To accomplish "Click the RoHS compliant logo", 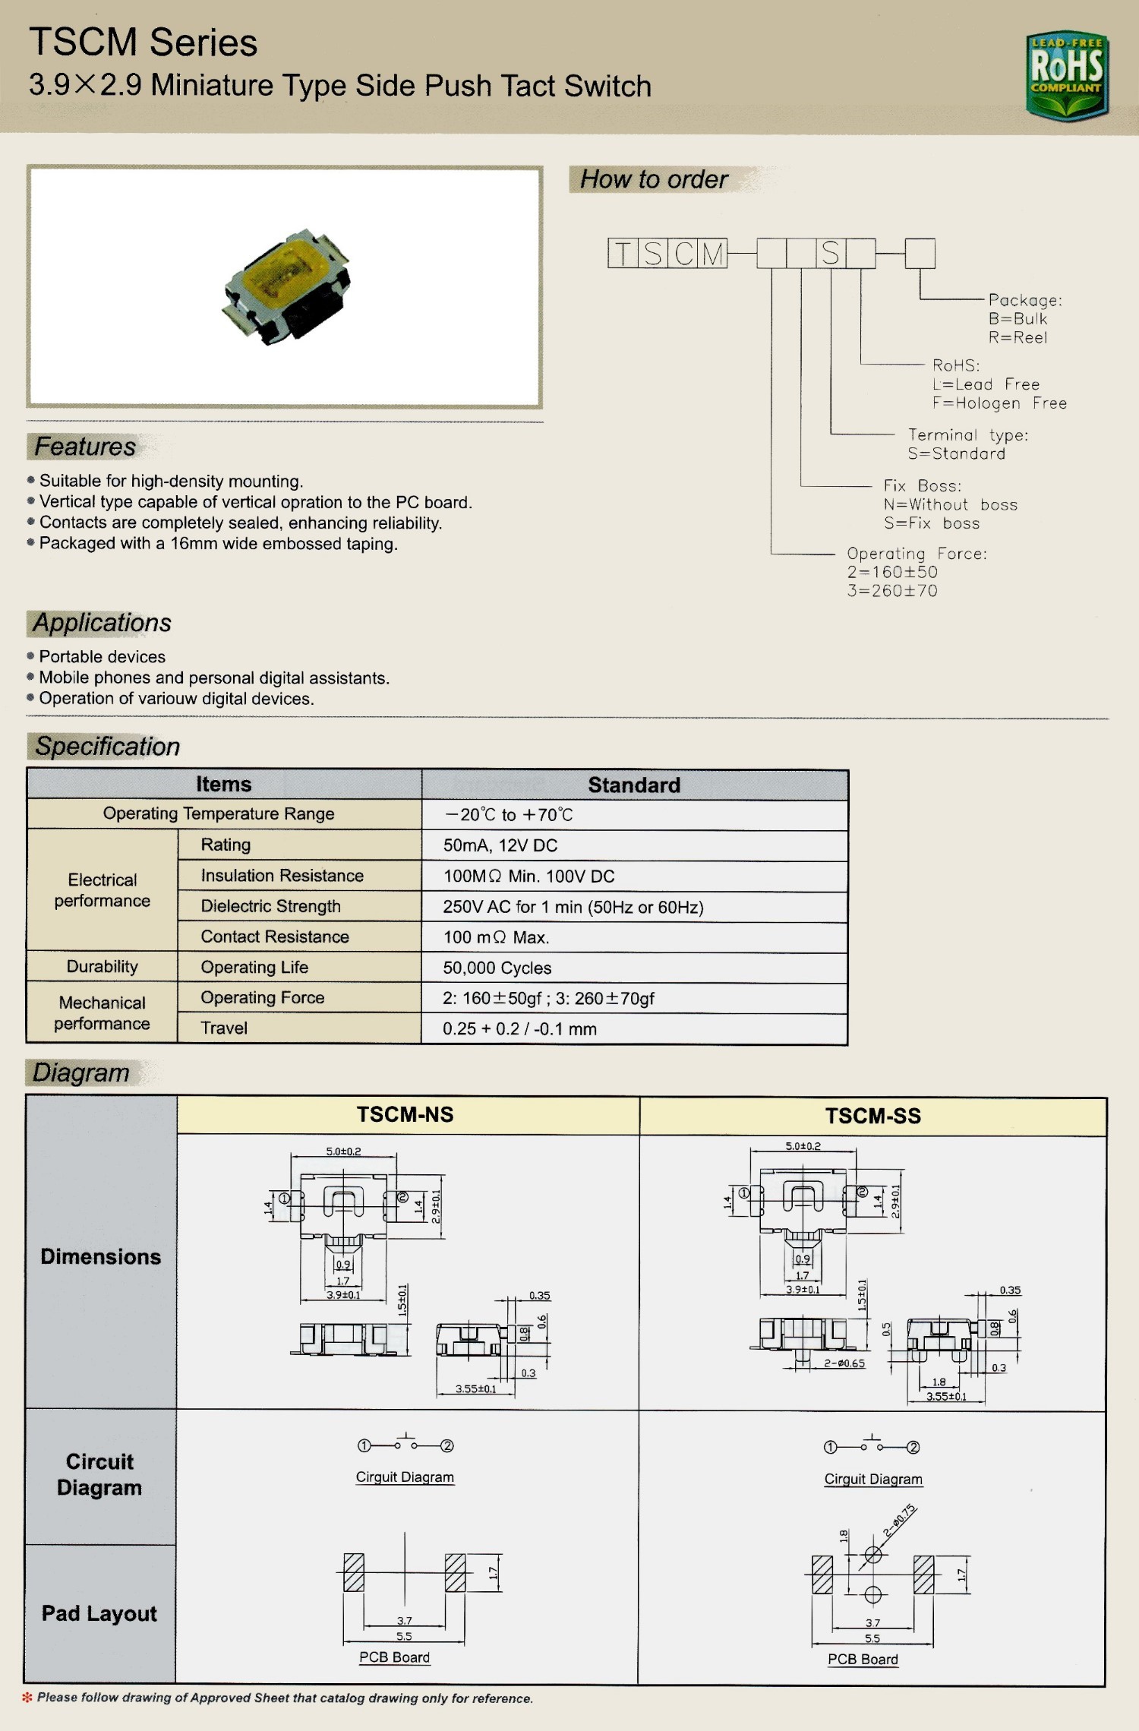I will tap(1067, 75).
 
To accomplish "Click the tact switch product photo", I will tap(286, 287).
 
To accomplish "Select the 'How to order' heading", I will tap(654, 179).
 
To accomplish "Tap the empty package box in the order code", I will tap(920, 254).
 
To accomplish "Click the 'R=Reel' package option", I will tap(1018, 338).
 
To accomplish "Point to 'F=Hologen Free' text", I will tap(999, 403).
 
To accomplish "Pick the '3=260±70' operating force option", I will tap(892, 591).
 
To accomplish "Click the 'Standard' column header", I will tap(634, 785).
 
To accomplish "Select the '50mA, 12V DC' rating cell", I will tap(500, 845).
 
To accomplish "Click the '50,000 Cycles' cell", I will tap(497, 968).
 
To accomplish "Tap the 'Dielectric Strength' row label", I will tap(270, 906).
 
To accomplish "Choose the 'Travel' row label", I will tap(224, 1028).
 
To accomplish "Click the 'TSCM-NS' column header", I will tap(405, 1115).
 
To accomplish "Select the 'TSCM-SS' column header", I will tap(873, 1117).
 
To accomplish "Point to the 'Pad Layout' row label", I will tap(99, 1613).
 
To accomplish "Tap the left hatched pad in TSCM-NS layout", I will tap(354, 1572).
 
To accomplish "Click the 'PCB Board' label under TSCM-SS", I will tap(863, 1660).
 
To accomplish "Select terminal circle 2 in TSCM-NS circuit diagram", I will tap(448, 1445).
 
